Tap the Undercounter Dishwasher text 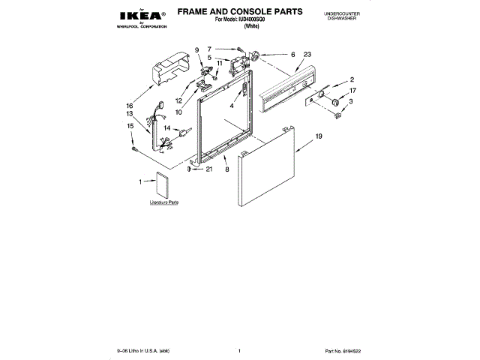(346, 16)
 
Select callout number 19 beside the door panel (318, 137)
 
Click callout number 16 (129, 106)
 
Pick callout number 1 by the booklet (140, 181)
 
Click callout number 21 (209, 169)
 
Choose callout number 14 (167, 128)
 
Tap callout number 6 (292, 54)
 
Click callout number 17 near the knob (352, 91)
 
